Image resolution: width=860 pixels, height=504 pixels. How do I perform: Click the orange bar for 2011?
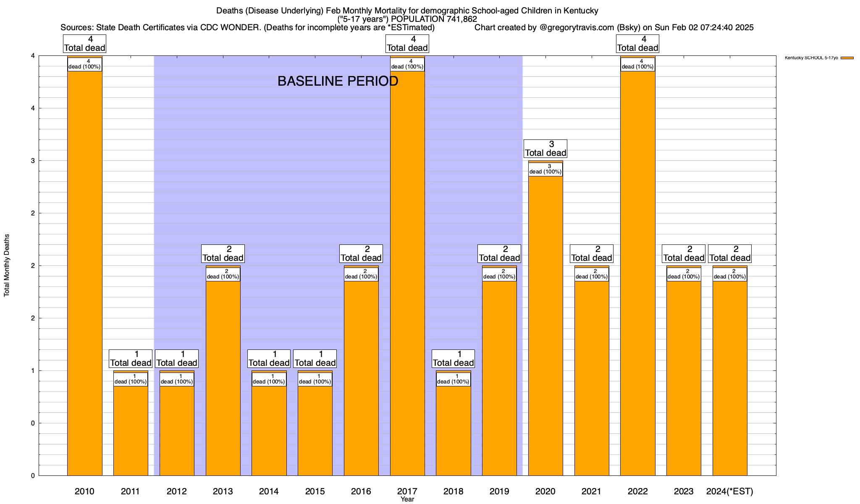(x=131, y=428)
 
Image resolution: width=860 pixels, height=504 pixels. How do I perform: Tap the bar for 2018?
(x=454, y=428)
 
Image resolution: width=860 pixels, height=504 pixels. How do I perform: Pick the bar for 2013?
(x=223, y=378)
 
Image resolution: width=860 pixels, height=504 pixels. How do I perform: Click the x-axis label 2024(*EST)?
(x=730, y=491)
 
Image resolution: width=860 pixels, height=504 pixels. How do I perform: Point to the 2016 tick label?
(x=361, y=491)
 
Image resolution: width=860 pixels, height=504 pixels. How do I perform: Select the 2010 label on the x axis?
(x=84, y=491)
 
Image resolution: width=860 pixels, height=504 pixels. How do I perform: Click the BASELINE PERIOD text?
(x=338, y=81)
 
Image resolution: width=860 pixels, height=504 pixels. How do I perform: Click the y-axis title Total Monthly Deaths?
(x=7, y=265)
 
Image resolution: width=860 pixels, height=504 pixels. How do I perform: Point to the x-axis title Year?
(x=407, y=499)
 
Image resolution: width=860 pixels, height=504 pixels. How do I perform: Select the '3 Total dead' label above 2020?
(x=545, y=149)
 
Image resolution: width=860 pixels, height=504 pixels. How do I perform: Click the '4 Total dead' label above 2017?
(x=407, y=44)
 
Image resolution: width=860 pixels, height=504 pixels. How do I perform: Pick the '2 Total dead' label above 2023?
(x=684, y=254)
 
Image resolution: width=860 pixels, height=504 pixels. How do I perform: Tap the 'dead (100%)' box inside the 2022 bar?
(x=637, y=64)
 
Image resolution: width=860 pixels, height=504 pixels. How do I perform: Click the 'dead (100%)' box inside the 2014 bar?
(x=269, y=379)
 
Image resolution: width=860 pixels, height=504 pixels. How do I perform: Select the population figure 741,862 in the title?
(x=456, y=19)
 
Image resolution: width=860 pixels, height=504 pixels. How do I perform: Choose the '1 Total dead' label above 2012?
(x=176, y=359)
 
